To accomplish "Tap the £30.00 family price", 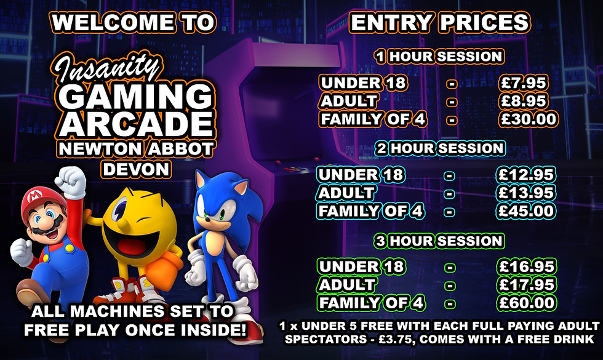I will (x=529, y=119).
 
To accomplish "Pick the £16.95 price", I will (x=527, y=267).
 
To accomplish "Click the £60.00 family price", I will (x=527, y=303).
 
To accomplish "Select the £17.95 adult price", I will (x=527, y=285).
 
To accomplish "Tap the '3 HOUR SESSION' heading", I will (x=439, y=241).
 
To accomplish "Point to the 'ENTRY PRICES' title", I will (x=439, y=23).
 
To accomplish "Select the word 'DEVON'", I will (x=135, y=168).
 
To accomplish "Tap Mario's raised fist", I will (x=69, y=178).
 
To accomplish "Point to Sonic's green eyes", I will (x=212, y=216).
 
